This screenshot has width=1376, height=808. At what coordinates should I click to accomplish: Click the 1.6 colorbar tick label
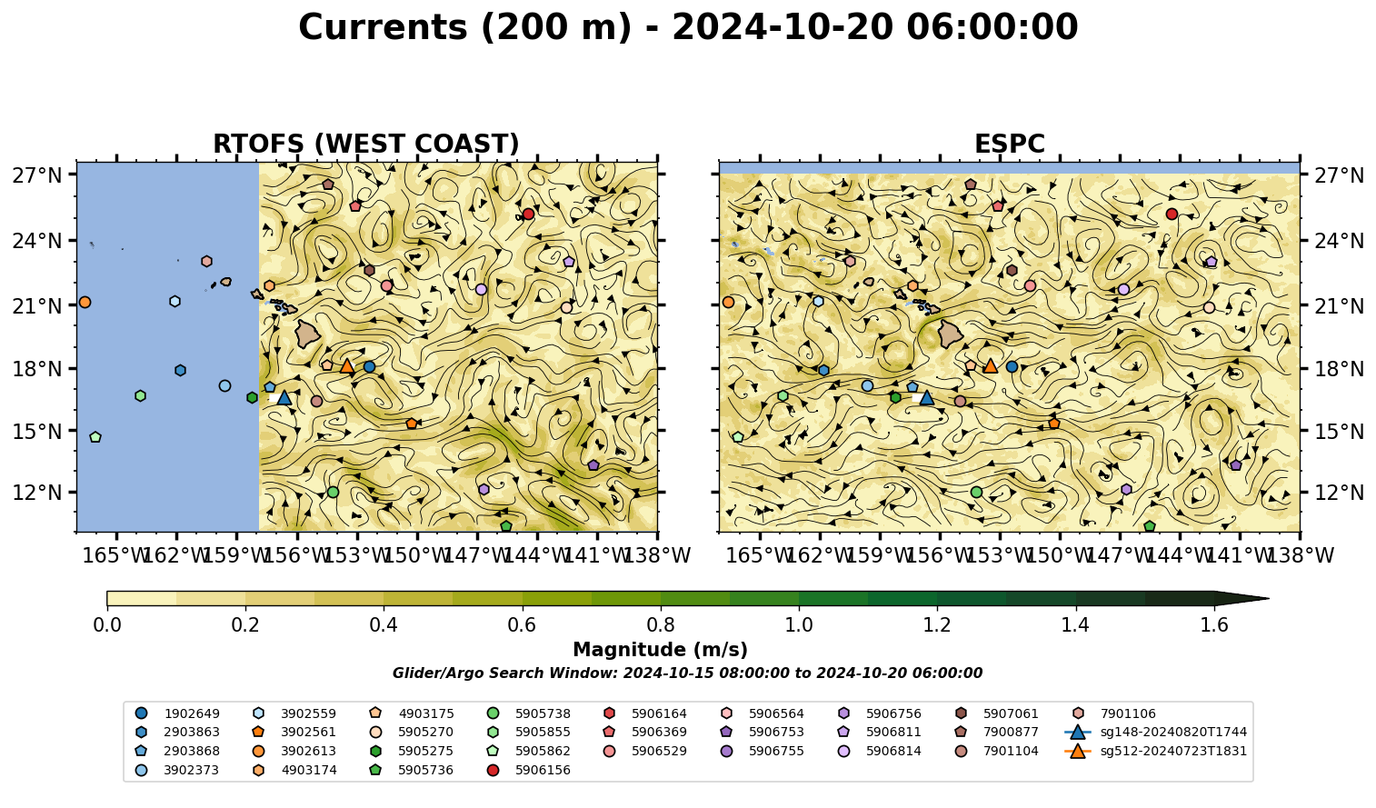pos(1214,625)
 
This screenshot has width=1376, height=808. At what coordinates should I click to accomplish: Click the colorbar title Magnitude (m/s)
pos(661,650)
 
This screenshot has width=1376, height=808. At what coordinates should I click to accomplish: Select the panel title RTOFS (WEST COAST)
pos(366,144)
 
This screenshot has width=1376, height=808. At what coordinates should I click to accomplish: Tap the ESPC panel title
pos(1009,144)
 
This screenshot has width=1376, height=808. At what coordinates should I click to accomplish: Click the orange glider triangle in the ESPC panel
pos(991,366)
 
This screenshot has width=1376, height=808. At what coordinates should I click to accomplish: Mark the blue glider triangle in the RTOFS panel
pos(284,397)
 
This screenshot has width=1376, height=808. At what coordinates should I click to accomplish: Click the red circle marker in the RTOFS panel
pos(528,214)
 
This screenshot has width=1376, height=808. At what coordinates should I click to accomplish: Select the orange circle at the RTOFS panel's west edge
pos(85,303)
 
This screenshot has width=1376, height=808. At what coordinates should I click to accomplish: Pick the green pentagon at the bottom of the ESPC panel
pos(1150,526)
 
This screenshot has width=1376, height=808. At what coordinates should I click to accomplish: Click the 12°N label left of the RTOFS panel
pos(37,493)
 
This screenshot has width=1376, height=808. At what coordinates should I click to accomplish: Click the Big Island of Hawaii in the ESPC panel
pos(952,334)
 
